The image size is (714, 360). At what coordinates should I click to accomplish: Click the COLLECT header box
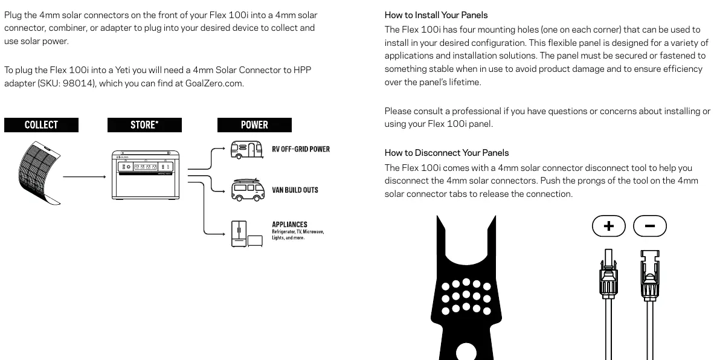coord(42,125)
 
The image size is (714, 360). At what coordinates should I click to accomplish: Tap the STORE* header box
coord(144,125)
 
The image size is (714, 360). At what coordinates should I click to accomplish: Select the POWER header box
coord(254,125)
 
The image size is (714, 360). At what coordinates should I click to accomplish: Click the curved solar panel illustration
coord(40,173)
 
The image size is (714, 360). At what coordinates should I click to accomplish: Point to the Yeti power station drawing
coord(145,175)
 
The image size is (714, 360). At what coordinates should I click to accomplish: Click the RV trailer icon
coord(246,150)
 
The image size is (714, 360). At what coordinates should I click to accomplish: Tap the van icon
coord(248,190)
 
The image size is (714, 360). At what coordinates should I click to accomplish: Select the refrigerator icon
coord(239,234)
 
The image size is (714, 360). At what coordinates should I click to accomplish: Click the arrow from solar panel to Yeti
coord(85,176)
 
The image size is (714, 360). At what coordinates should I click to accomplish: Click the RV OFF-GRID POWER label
coord(301,149)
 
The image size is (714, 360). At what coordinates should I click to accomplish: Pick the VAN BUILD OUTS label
coord(295,190)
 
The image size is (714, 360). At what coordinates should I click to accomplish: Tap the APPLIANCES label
coord(289,224)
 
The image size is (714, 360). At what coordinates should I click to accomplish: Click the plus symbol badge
coord(609,226)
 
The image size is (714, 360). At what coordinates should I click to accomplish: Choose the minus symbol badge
coord(650,226)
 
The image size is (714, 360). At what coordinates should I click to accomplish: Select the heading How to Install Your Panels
coord(436,15)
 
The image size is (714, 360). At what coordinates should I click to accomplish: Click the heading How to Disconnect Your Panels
coord(447,152)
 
